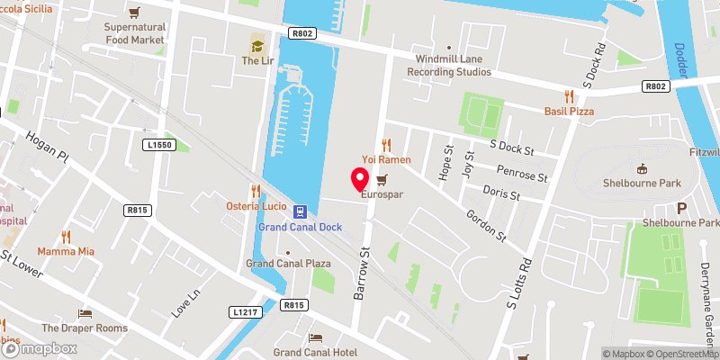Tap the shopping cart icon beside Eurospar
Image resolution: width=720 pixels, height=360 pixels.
point(382,179)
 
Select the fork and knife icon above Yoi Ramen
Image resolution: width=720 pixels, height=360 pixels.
point(387,144)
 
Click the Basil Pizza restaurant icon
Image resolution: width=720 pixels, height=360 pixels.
point(569,95)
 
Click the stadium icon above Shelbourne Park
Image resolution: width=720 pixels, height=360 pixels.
point(642,168)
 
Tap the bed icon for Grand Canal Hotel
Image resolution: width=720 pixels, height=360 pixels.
point(315,337)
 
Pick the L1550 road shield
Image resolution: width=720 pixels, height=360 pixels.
point(157,144)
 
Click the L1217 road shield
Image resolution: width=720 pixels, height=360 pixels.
point(245,311)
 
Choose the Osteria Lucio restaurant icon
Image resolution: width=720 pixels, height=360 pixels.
point(256,191)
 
